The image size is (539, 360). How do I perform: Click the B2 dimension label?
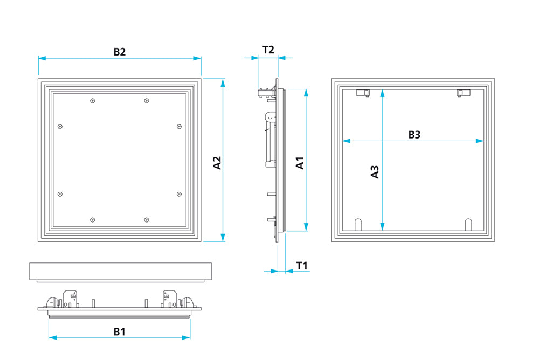(x=119, y=52)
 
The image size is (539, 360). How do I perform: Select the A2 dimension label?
(x=217, y=163)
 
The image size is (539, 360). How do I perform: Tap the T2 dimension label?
(x=268, y=50)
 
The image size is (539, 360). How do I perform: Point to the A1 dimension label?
(x=300, y=163)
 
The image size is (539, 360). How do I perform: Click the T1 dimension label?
(x=302, y=265)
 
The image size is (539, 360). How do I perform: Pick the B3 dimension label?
(x=413, y=134)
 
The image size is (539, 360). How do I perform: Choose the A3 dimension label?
(x=375, y=171)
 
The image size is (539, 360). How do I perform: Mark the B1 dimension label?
(x=119, y=331)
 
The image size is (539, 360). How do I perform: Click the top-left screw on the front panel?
(x=93, y=101)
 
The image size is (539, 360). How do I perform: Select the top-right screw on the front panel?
(x=146, y=101)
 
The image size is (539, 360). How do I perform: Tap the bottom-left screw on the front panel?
(x=93, y=219)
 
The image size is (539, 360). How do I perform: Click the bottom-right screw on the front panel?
(x=146, y=219)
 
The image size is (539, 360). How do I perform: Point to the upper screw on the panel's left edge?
(x=60, y=127)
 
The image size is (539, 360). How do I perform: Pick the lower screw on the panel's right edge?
(x=179, y=194)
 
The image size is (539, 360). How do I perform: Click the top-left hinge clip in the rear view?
(x=363, y=93)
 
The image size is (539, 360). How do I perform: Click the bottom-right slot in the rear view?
(x=468, y=224)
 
